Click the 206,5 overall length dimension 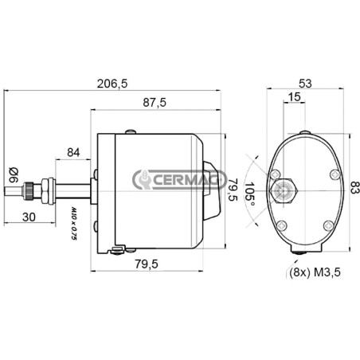pyautogui.click(x=112, y=84)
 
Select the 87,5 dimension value pyautogui.click(x=155, y=102)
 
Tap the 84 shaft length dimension pyautogui.click(x=73, y=153)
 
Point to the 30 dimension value pyautogui.click(x=29, y=217)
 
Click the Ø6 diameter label pyautogui.click(x=14, y=175)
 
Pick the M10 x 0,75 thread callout pyautogui.click(x=73, y=224)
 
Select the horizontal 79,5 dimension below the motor pyautogui.click(x=147, y=264)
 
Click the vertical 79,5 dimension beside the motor pyautogui.click(x=233, y=190)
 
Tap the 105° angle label pyautogui.click(x=249, y=194)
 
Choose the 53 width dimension pyautogui.click(x=305, y=84)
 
